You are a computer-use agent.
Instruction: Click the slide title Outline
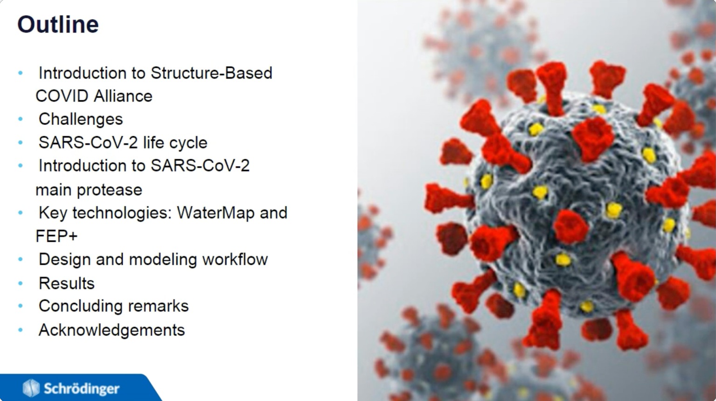tap(58, 24)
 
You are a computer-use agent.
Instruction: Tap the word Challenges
tap(81, 119)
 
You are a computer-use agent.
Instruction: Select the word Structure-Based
tap(211, 73)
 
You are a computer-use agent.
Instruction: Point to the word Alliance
tap(123, 96)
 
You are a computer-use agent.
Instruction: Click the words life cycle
tap(175, 143)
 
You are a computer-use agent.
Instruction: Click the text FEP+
tap(56, 236)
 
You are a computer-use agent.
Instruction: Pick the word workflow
tap(235, 259)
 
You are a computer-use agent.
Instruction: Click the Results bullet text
tap(67, 283)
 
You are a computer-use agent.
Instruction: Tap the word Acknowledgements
tap(111, 330)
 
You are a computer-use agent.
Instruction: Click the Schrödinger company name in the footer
tap(82, 389)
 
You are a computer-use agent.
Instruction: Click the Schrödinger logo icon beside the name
tap(31, 388)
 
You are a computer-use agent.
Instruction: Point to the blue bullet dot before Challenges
tap(21, 119)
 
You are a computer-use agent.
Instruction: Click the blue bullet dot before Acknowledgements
tap(21, 330)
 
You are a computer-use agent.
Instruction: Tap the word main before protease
tap(53, 190)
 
